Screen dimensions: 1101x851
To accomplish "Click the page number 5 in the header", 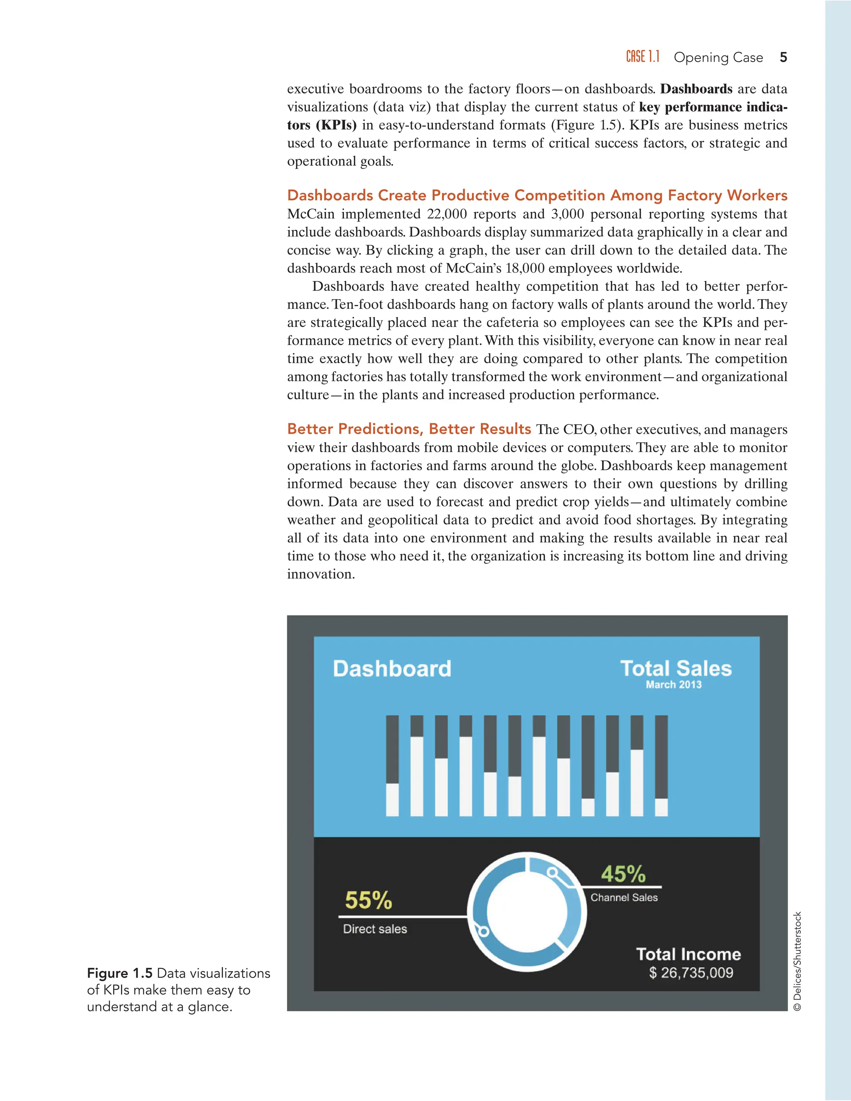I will tap(783, 57).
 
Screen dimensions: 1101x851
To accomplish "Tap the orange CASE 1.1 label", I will tap(642, 57).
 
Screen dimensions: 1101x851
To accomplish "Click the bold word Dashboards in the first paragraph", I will tap(696, 89).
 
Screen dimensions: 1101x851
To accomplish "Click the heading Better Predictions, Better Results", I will tap(409, 429).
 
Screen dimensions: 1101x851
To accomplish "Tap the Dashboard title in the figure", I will tap(392, 669).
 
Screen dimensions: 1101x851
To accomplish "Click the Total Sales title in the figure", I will tap(676, 668).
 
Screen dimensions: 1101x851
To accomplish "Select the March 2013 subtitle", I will tap(674, 685).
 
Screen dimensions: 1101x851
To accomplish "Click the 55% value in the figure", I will tap(368, 900).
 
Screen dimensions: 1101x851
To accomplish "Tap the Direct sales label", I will tap(374, 929).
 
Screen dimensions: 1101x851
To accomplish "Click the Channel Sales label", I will tap(624, 898).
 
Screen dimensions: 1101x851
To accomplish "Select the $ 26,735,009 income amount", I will tap(691, 973).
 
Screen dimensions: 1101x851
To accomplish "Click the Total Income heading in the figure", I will tap(688, 954).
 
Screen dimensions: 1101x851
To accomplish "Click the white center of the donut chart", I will tap(527, 912).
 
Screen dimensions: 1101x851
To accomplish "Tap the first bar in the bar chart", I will tap(392, 766).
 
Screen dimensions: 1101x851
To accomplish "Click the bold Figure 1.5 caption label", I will tap(120, 973).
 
